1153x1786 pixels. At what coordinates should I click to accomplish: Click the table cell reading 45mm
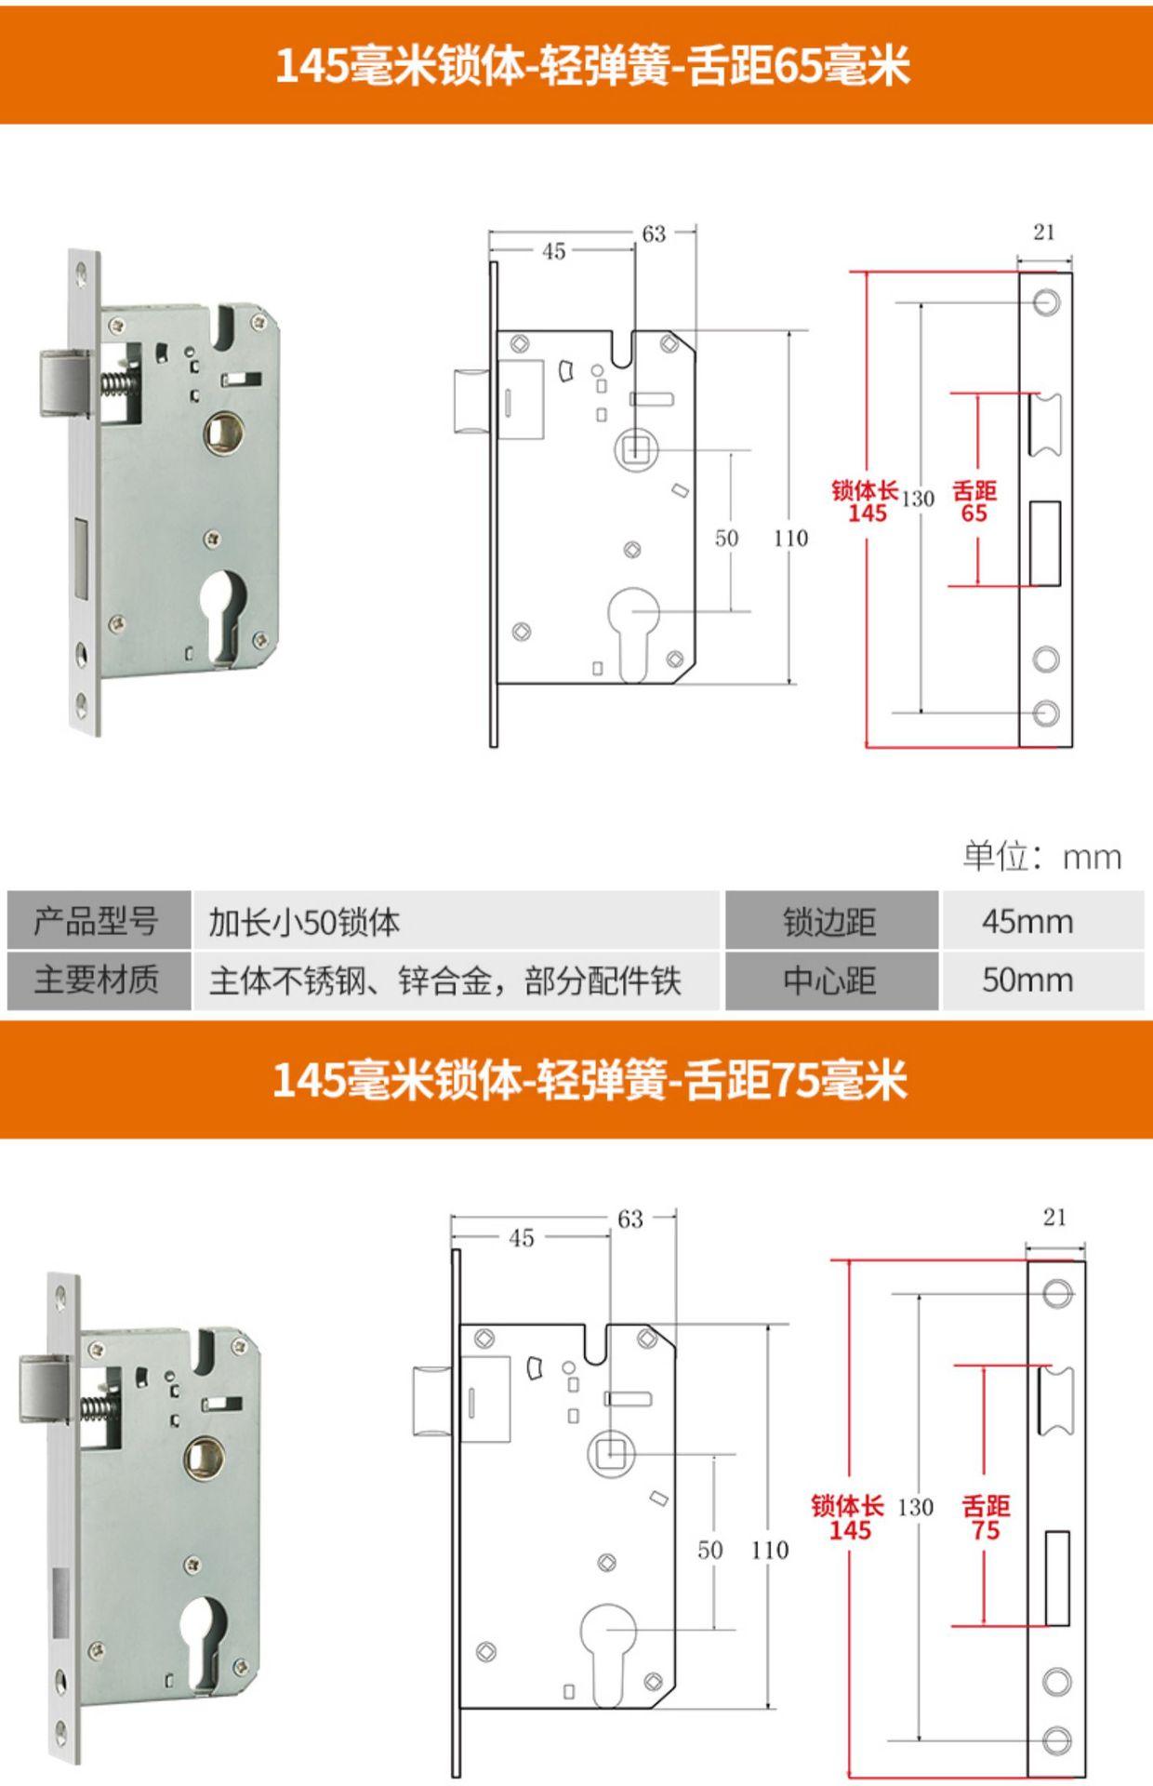[1027, 922]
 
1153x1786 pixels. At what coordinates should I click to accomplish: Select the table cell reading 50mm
[1027, 980]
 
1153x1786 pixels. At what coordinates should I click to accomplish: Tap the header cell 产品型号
[97, 922]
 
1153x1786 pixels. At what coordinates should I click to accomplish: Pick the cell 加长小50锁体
[304, 923]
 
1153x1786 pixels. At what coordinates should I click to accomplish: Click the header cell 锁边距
[829, 922]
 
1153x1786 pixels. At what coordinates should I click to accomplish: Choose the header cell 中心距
[829, 980]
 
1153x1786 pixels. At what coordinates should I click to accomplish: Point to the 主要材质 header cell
[97, 980]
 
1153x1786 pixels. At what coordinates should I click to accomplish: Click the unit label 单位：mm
[1041, 857]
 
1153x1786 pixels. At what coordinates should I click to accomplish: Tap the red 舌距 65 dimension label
[974, 502]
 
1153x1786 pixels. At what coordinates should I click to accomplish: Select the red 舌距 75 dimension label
[986, 1519]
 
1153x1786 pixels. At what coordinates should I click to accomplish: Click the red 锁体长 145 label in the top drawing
[866, 502]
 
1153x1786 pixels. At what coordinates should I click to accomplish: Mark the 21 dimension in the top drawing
[1044, 233]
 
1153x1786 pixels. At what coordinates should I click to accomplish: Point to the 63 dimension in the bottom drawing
[630, 1219]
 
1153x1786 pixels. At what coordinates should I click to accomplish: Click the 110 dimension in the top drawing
[790, 538]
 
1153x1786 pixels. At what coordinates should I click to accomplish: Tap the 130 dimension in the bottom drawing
[916, 1507]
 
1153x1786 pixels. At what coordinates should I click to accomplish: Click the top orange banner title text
[592, 66]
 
